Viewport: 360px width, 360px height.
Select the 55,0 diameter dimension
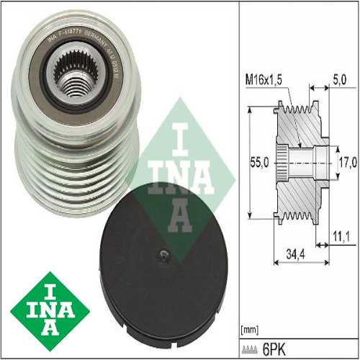261,163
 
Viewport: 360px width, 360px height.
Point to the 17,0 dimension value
346,163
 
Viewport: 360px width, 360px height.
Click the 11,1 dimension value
342,235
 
